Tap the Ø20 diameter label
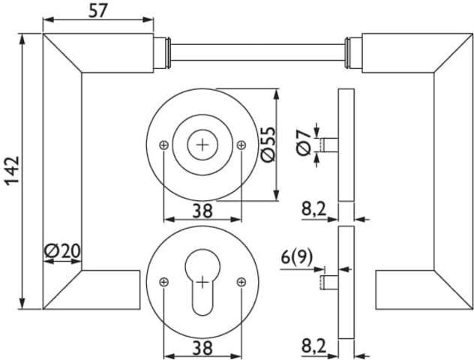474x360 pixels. pos(61,252)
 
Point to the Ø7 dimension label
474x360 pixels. pos(303,142)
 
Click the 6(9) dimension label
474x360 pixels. pos(297,257)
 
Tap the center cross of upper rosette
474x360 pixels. pos(202,145)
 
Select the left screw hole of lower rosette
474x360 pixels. pos(164,282)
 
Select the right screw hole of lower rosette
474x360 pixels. pos(241,282)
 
